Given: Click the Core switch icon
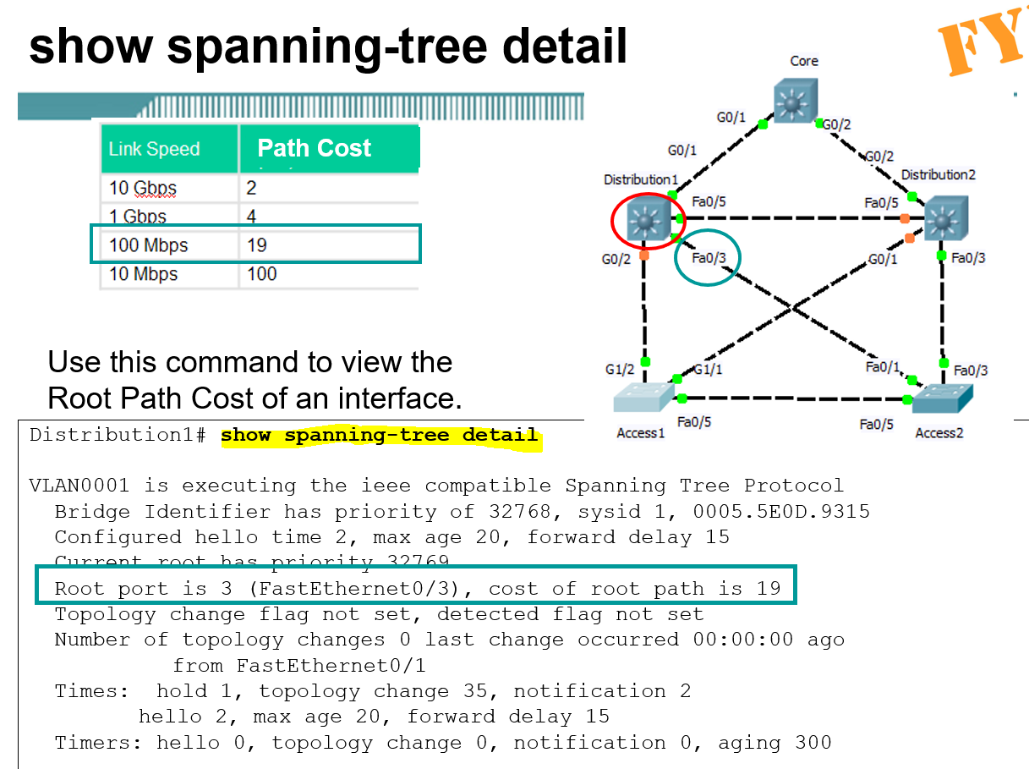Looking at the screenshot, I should point(795,102).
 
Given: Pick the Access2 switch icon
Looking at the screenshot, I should point(942,398).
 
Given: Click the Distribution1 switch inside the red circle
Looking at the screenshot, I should point(645,222).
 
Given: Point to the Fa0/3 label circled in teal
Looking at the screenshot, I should point(709,257).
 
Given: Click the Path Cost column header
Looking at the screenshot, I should point(314,149).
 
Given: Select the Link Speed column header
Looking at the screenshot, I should point(154,150).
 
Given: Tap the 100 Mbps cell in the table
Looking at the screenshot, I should point(149,245).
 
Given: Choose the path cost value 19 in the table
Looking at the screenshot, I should point(257,245).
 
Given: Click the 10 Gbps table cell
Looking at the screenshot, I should point(143,188).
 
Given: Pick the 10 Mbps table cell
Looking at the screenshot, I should point(144,274).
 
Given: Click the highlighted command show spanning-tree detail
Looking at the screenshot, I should point(379,436).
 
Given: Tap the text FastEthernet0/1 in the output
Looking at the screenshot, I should point(331,666).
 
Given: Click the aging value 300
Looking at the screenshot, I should point(813,743).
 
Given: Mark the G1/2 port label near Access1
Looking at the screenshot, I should point(619,370).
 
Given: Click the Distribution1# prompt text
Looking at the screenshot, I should point(118,436).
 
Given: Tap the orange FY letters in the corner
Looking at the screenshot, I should point(981,47).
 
